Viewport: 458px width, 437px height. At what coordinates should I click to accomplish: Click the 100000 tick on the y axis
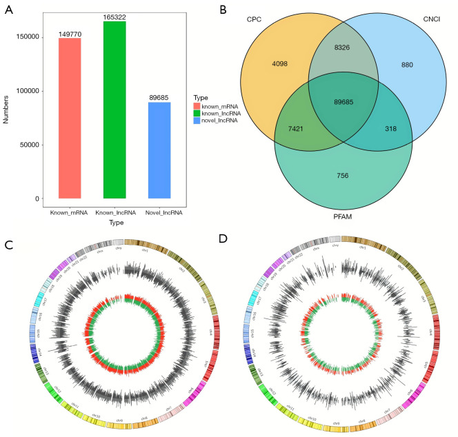pyautogui.click(x=29, y=91)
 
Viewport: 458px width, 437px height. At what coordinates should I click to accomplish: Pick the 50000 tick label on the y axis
pyautogui.click(x=31, y=145)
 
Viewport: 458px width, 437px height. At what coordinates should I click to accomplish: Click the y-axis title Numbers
pyautogui.click(x=6, y=110)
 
